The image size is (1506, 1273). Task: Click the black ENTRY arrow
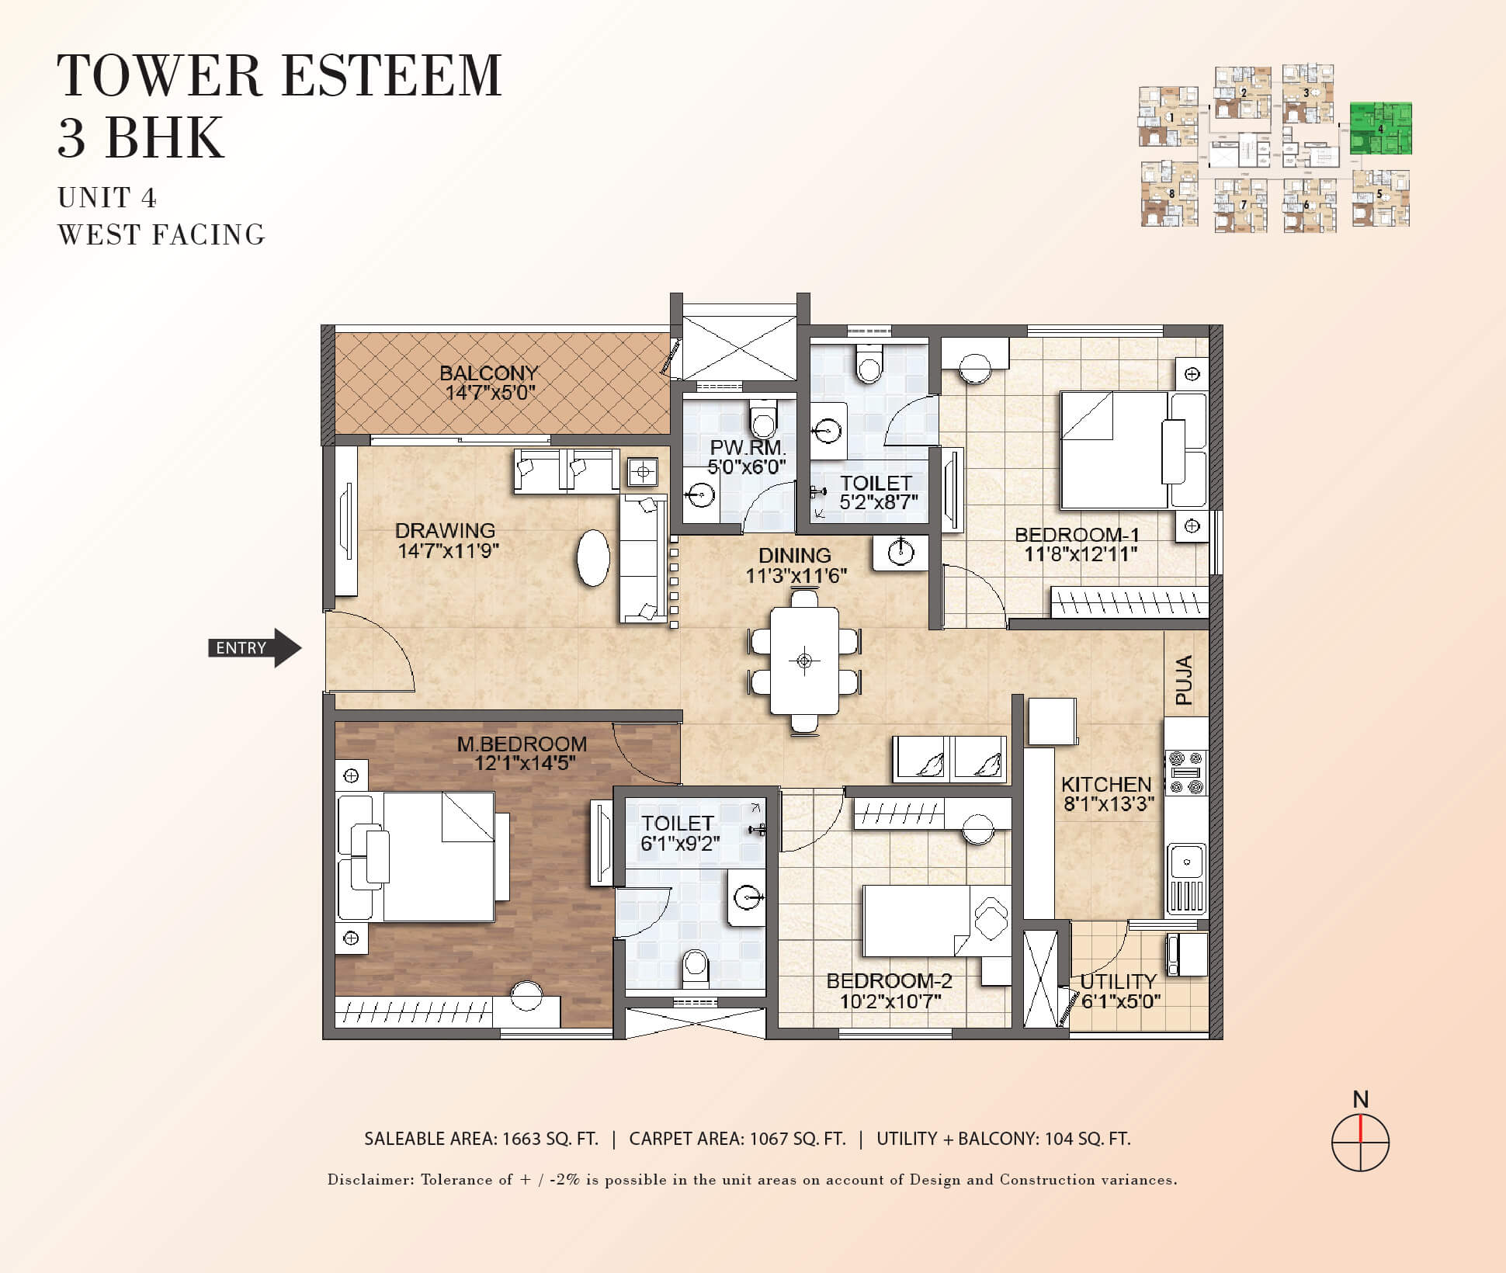(x=255, y=647)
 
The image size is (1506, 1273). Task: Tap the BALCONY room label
(x=488, y=373)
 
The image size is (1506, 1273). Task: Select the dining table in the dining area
(x=804, y=661)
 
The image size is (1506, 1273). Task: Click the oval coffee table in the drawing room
(x=594, y=557)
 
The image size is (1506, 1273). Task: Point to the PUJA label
(x=1184, y=680)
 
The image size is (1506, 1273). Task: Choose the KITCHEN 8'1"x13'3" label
(x=1108, y=794)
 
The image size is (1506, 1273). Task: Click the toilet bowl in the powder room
(x=764, y=420)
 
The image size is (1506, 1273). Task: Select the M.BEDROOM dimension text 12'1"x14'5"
(x=525, y=763)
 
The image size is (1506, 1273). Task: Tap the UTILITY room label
(x=1119, y=981)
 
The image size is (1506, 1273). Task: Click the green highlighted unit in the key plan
(x=1380, y=129)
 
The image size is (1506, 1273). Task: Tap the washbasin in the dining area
(x=900, y=553)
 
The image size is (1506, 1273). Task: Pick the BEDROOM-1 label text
(x=1077, y=535)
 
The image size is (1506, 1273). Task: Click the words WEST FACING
(x=161, y=234)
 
